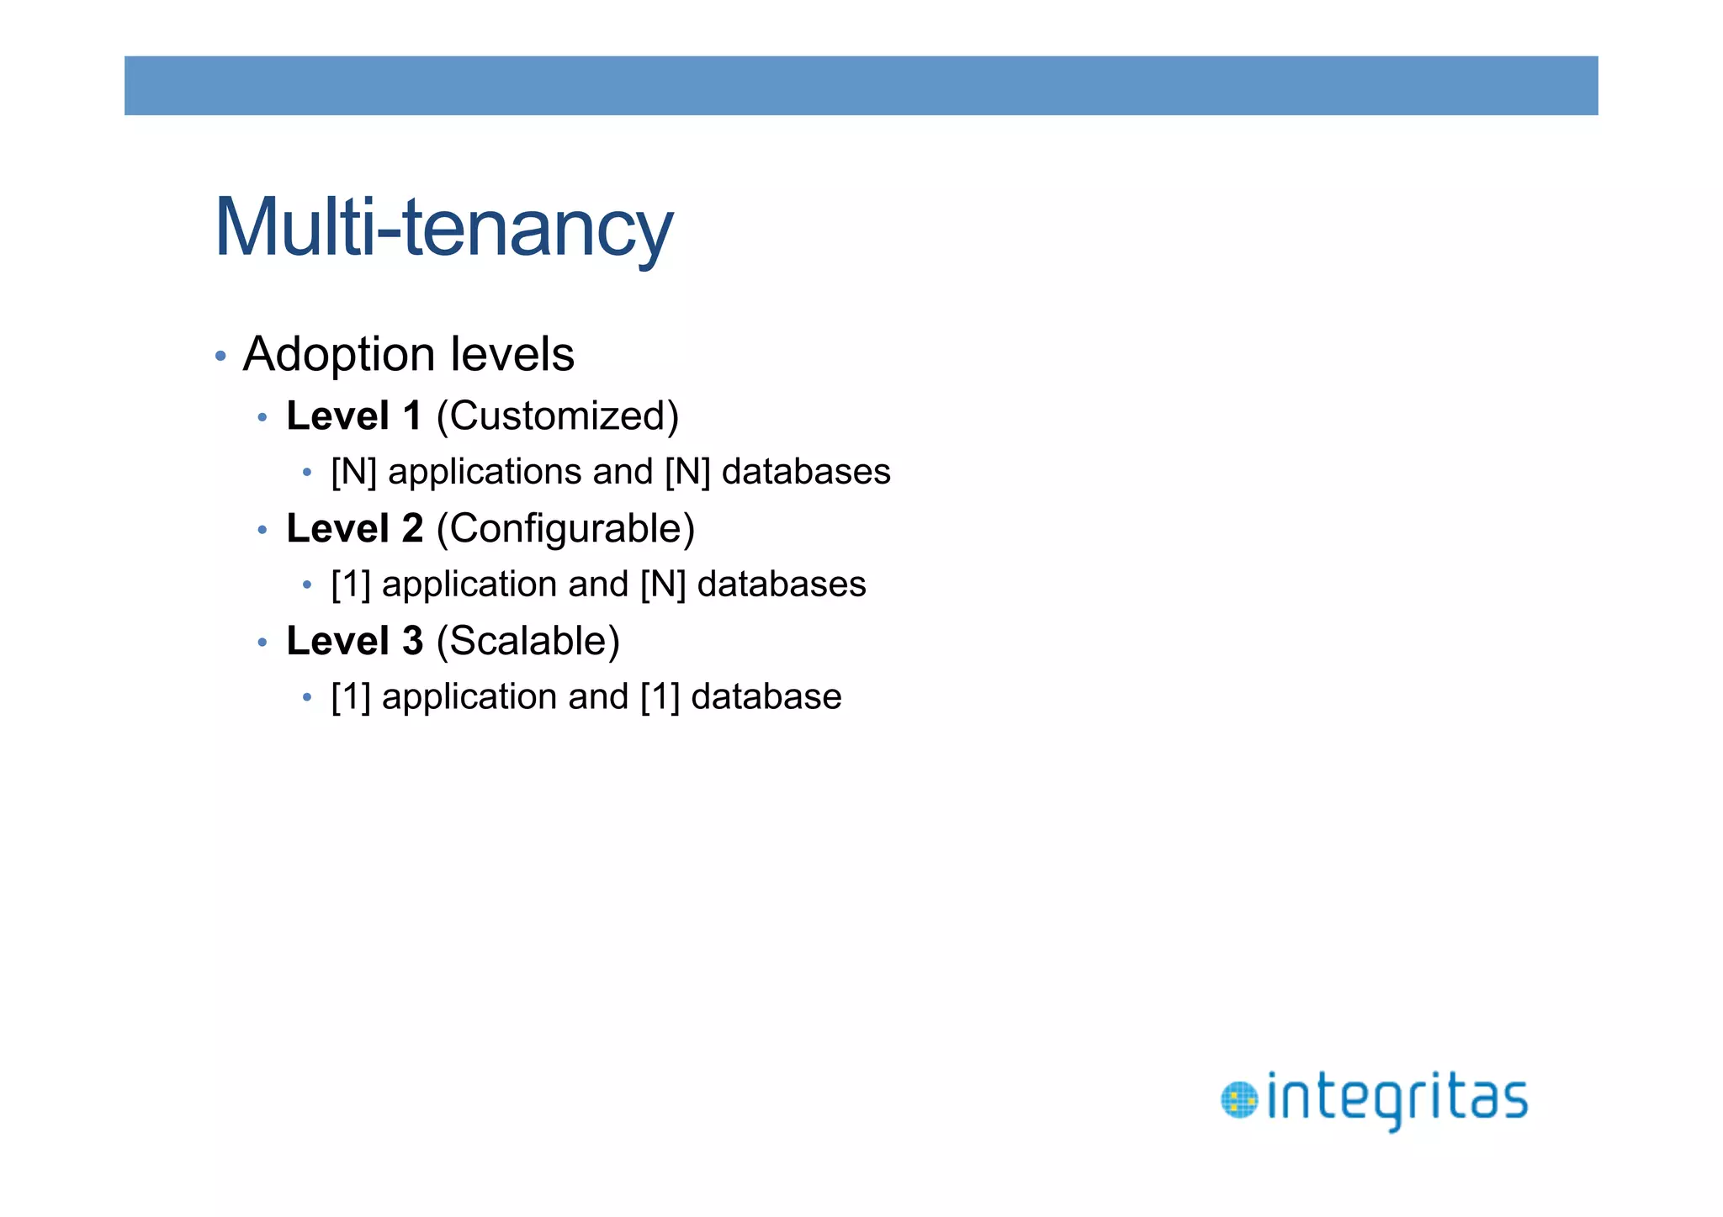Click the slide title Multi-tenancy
443,227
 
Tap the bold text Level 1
353,415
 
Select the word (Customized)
557,415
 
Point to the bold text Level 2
354,528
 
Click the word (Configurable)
565,528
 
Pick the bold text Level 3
354,641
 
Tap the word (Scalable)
528,641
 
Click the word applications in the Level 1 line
485,472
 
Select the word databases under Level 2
782,585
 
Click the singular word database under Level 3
766,697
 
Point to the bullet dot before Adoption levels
220,356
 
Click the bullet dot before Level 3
262,643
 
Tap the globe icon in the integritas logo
1238,1100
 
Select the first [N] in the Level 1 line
353,472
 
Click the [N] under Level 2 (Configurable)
663,585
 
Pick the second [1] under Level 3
660,697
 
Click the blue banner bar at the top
861,86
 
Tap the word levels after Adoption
512,354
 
